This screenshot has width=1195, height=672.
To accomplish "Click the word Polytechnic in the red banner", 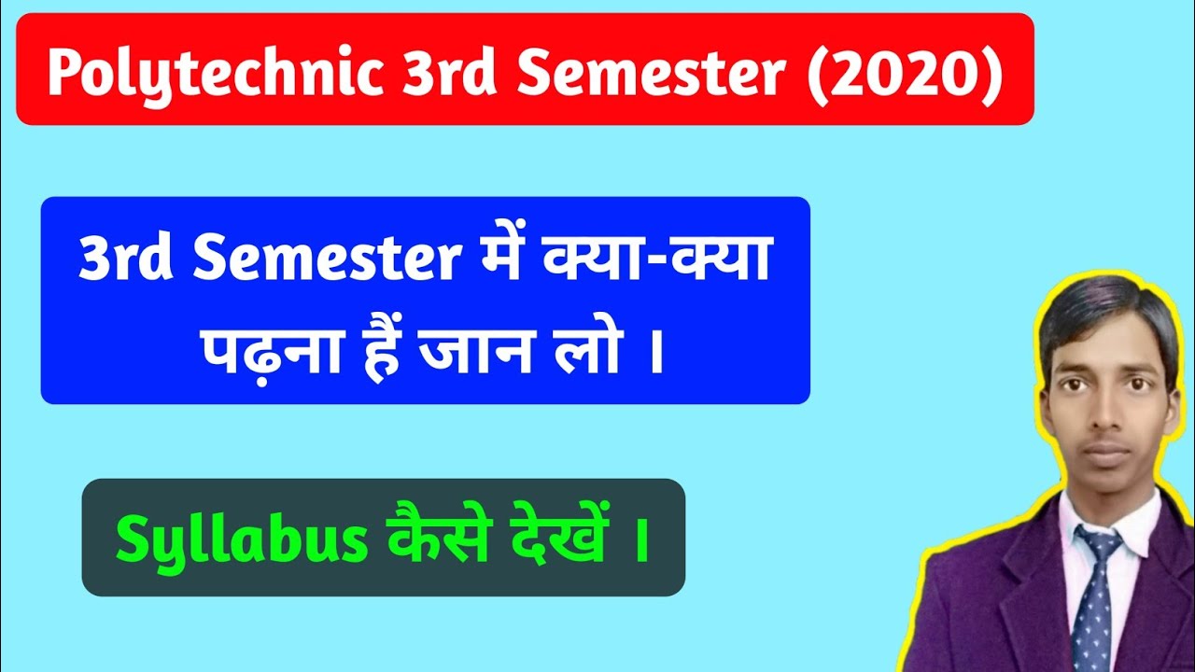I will point(214,74).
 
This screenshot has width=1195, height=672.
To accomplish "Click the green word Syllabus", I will point(242,540).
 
